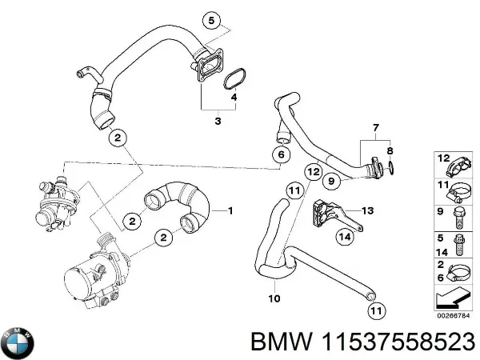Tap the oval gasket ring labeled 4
point(233,79)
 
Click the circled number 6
point(280,154)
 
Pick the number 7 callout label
point(374,128)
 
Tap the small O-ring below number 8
point(390,168)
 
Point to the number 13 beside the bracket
point(367,211)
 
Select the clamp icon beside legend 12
point(458,166)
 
